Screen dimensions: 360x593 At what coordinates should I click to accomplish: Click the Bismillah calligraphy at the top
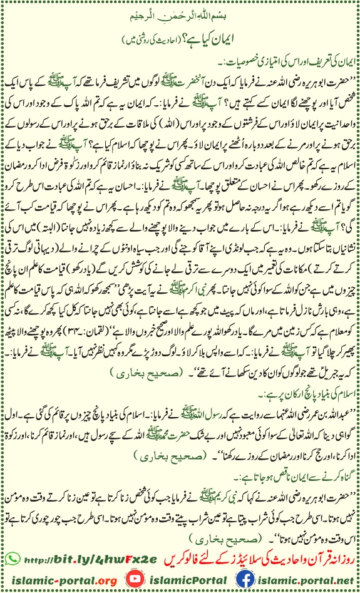pyautogui.click(x=180, y=13)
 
